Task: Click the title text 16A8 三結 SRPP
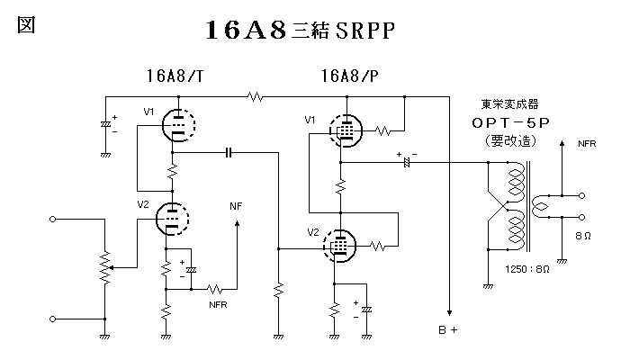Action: (x=301, y=30)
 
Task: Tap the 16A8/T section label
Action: (x=175, y=74)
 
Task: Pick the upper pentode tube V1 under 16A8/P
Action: (x=343, y=130)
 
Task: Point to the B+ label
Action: (x=448, y=330)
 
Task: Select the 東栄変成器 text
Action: (x=509, y=103)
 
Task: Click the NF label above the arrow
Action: (x=237, y=206)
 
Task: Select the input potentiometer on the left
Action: (x=105, y=267)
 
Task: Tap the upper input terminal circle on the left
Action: (x=53, y=219)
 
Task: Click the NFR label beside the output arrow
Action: (x=587, y=144)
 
